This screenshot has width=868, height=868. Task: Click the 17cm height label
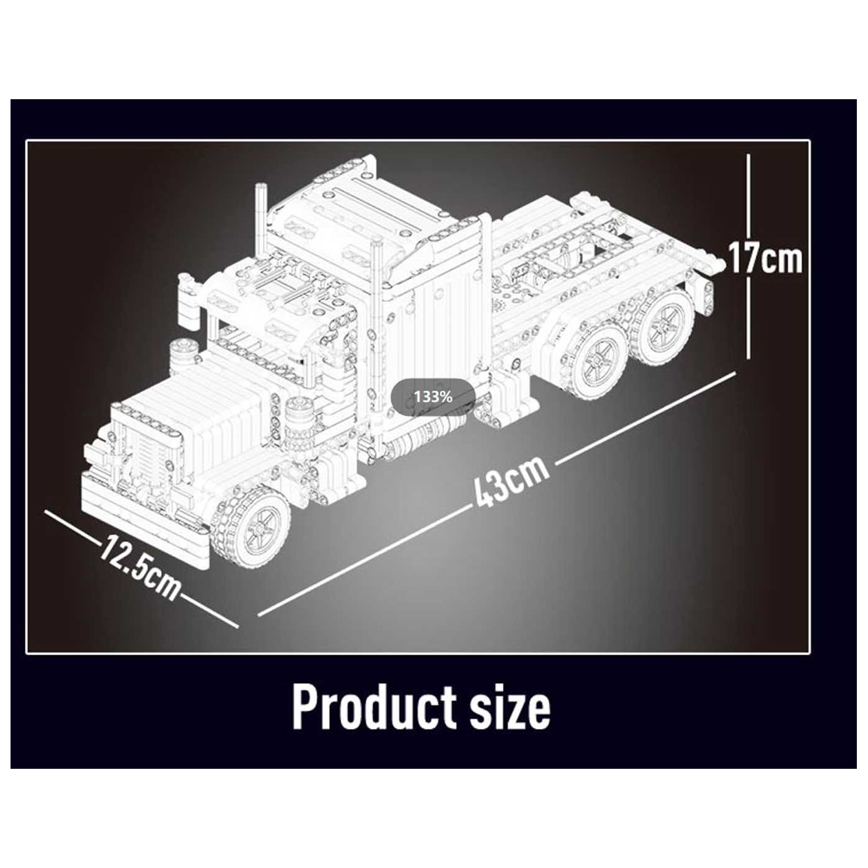pyautogui.click(x=765, y=259)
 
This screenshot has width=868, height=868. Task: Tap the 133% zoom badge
pyautogui.click(x=433, y=397)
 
